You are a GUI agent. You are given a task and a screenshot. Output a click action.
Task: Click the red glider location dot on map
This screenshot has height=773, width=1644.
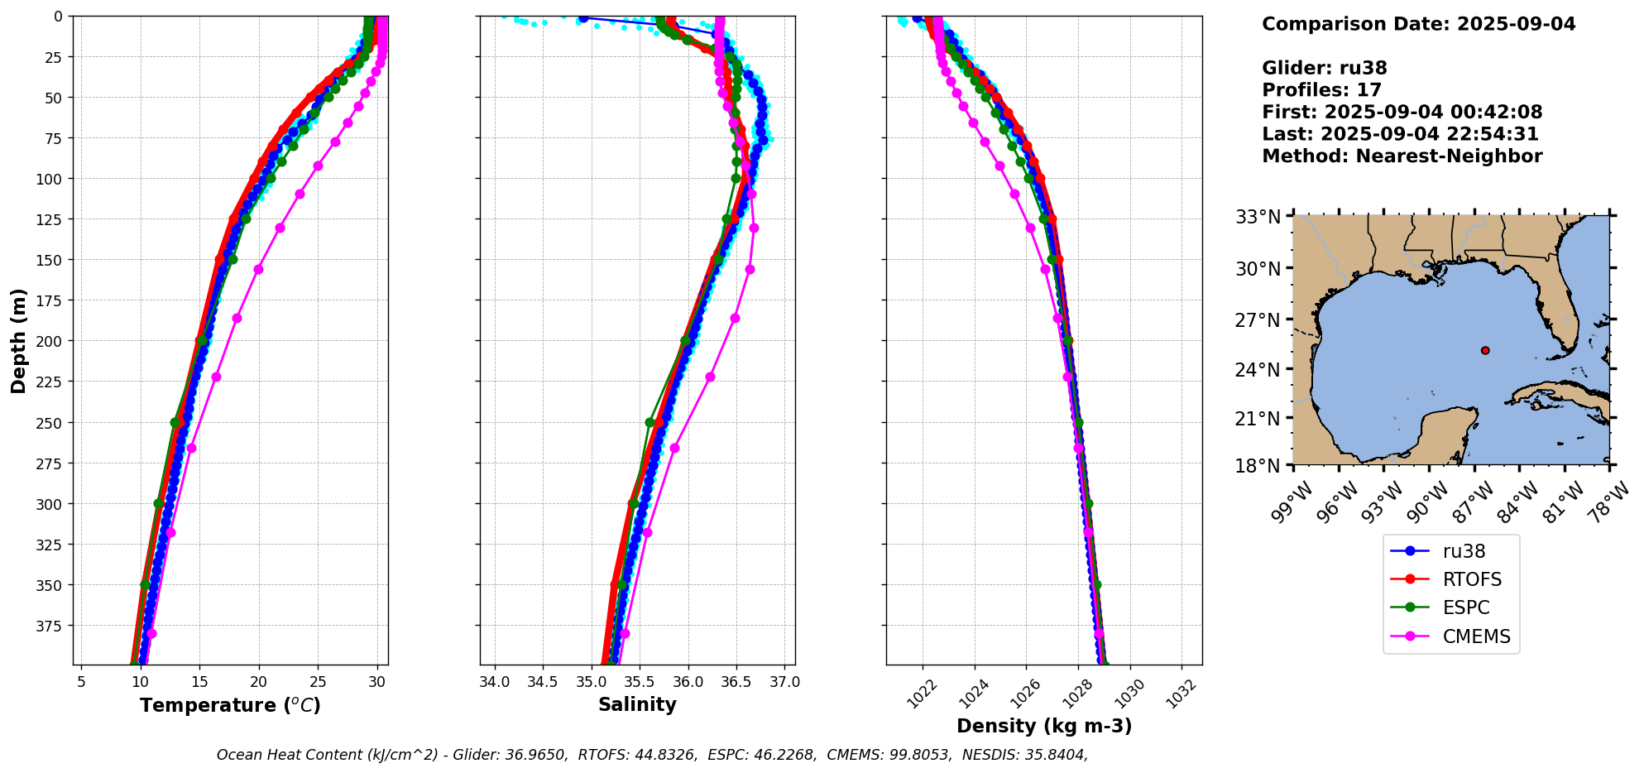pos(1485,351)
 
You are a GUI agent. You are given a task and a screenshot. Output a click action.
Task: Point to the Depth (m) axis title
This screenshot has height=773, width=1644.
pos(18,340)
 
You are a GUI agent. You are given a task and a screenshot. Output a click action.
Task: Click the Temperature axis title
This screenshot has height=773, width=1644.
pos(230,705)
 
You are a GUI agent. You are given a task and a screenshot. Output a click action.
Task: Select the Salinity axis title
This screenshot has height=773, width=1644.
pos(637,704)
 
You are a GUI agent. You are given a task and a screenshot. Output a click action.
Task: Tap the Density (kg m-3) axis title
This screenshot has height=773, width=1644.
pos(1044,726)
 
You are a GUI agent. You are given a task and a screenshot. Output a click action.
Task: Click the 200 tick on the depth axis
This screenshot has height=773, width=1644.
pos(50,341)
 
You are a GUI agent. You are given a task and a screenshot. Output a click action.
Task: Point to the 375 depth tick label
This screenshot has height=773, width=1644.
pos(50,626)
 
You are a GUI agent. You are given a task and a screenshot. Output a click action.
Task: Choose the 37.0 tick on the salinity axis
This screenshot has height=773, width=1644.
pos(784,682)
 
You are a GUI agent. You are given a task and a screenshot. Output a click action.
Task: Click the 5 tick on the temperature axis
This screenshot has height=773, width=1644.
pos(81,682)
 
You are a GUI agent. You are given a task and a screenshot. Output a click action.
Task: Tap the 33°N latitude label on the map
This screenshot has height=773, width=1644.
pos(1258,217)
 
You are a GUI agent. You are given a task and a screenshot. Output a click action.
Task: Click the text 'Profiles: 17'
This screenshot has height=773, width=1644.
pos(1321,90)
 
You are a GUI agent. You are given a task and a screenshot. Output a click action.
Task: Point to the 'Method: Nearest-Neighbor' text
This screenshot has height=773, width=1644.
pos(1402,156)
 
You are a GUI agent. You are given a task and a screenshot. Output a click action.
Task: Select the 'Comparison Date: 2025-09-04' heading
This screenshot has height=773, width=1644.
pos(1418,24)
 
